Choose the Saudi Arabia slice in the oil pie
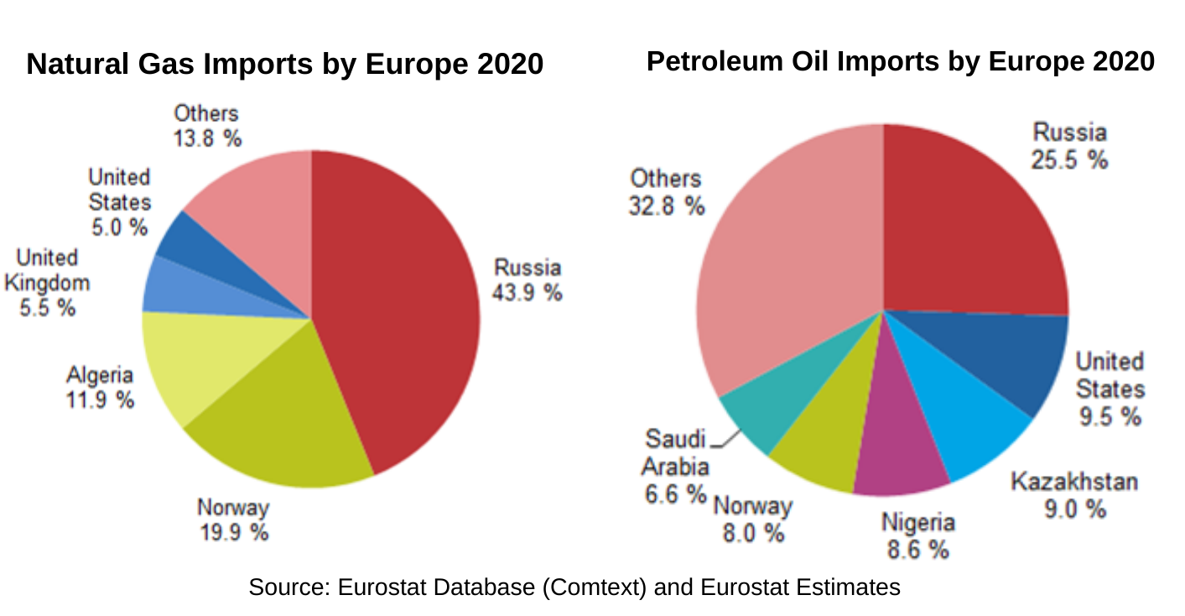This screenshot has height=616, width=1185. point(783,402)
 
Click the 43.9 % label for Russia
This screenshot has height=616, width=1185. point(528,293)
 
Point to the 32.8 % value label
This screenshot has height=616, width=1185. point(667,206)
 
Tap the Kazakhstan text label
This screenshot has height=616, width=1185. point(1074,482)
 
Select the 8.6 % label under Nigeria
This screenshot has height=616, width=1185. point(917,550)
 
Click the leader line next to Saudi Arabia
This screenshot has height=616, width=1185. point(725,439)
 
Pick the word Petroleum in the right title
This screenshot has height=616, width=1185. point(715,61)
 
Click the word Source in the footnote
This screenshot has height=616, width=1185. point(289,587)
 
